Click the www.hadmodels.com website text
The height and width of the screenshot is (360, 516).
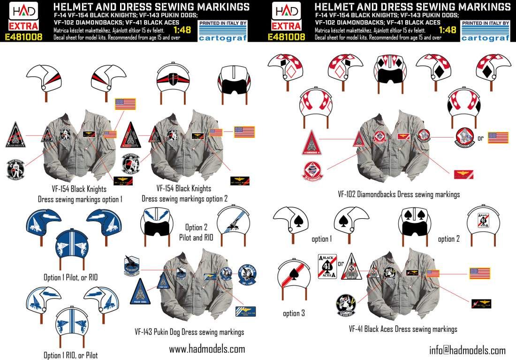(207, 349)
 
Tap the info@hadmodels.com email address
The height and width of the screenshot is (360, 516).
(467, 350)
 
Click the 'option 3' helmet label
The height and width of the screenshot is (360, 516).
(294, 313)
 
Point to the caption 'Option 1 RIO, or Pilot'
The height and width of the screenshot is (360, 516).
(71, 355)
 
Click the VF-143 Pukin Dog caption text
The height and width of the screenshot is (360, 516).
(189, 332)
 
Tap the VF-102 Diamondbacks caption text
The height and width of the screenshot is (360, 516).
(398, 194)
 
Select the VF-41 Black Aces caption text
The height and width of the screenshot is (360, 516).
(403, 329)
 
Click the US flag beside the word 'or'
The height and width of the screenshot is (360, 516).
(498, 138)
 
